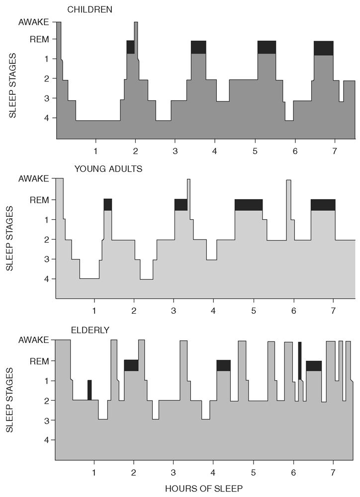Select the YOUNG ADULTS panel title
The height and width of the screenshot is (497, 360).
pos(108,168)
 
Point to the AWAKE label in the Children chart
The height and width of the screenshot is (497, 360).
pos(34,22)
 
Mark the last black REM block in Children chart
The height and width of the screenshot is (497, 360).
pos(323,48)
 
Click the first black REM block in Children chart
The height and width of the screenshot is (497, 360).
pos(130,47)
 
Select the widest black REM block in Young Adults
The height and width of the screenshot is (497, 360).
pos(249,205)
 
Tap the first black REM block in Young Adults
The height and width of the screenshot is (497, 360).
pos(108,205)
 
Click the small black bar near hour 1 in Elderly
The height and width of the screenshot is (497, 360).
pos(90,390)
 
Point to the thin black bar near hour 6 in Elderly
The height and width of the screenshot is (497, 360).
pos(300,360)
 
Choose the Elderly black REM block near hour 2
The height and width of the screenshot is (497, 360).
pos(131,365)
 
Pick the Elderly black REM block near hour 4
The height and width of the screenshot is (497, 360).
pos(224,365)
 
